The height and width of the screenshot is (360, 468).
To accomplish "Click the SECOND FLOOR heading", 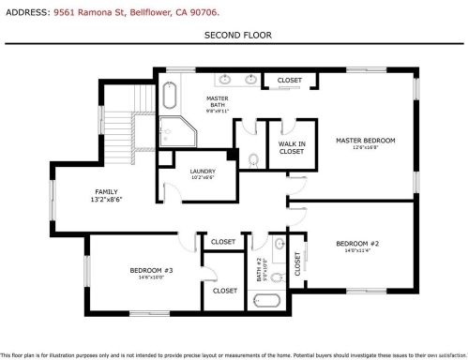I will click(x=234, y=35).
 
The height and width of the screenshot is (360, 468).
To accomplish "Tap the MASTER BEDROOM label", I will click(x=366, y=140).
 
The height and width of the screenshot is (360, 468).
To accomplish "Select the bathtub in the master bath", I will click(x=170, y=97).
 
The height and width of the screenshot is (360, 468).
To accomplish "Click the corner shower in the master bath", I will click(x=174, y=132).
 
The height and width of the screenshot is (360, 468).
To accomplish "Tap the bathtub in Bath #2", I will click(x=270, y=302).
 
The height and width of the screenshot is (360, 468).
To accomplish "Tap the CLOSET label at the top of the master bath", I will click(x=290, y=81).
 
